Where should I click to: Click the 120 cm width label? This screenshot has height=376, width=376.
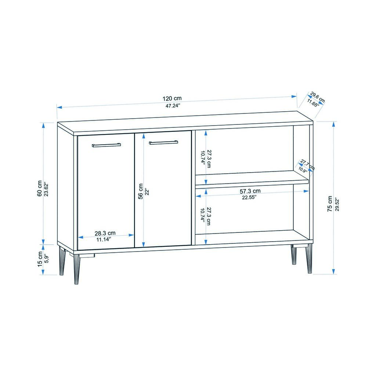tap(172, 98)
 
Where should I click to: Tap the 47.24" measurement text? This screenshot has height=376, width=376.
tap(173, 105)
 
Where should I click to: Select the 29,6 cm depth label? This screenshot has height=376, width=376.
tap(318, 97)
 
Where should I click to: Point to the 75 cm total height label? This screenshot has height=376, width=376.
tap(330, 203)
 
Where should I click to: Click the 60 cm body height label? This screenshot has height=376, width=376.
tap(40, 188)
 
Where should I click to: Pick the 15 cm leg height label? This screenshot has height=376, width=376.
tap(40, 259)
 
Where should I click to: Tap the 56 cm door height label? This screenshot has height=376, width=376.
tap(141, 191)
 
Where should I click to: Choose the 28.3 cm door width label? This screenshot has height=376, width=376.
tap(105, 233)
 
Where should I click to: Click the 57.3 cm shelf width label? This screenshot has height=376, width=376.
tap(250, 191)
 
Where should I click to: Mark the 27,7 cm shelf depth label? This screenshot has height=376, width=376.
tap(307, 164)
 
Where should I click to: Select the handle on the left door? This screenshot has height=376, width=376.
tap(106, 145)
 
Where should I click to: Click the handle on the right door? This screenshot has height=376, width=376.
tap(163, 142)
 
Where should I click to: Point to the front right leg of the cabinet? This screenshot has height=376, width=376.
tap(309, 259)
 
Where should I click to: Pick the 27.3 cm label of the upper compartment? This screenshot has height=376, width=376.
tap(209, 159)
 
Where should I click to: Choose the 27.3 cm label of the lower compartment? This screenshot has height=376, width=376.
tap(209, 216)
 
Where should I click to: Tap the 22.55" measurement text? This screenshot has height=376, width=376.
tap(249, 198)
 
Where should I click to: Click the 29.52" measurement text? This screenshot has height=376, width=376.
tap(337, 205)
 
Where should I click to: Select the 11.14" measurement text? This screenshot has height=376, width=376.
tap(104, 239)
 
